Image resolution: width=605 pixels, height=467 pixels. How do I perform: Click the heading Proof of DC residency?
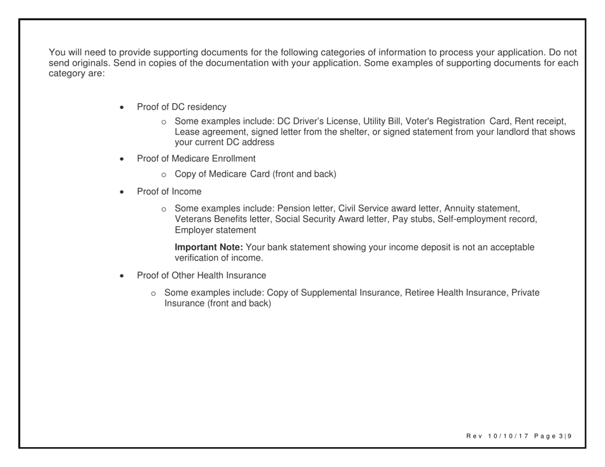tap(181, 107)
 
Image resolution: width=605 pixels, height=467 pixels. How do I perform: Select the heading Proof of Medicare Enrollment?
tap(196, 159)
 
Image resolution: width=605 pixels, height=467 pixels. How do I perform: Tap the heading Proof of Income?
tap(169, 191)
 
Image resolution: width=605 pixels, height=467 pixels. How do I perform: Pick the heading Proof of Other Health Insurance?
tap(201, 275)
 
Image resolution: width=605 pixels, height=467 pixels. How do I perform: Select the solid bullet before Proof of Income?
tap(122, 192)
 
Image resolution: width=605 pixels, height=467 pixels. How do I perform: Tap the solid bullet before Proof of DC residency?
tap(122, 108)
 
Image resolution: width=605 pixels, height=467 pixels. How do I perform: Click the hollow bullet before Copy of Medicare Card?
tap(164, 175)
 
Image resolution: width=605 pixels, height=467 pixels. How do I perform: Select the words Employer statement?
tap(215, 231)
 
